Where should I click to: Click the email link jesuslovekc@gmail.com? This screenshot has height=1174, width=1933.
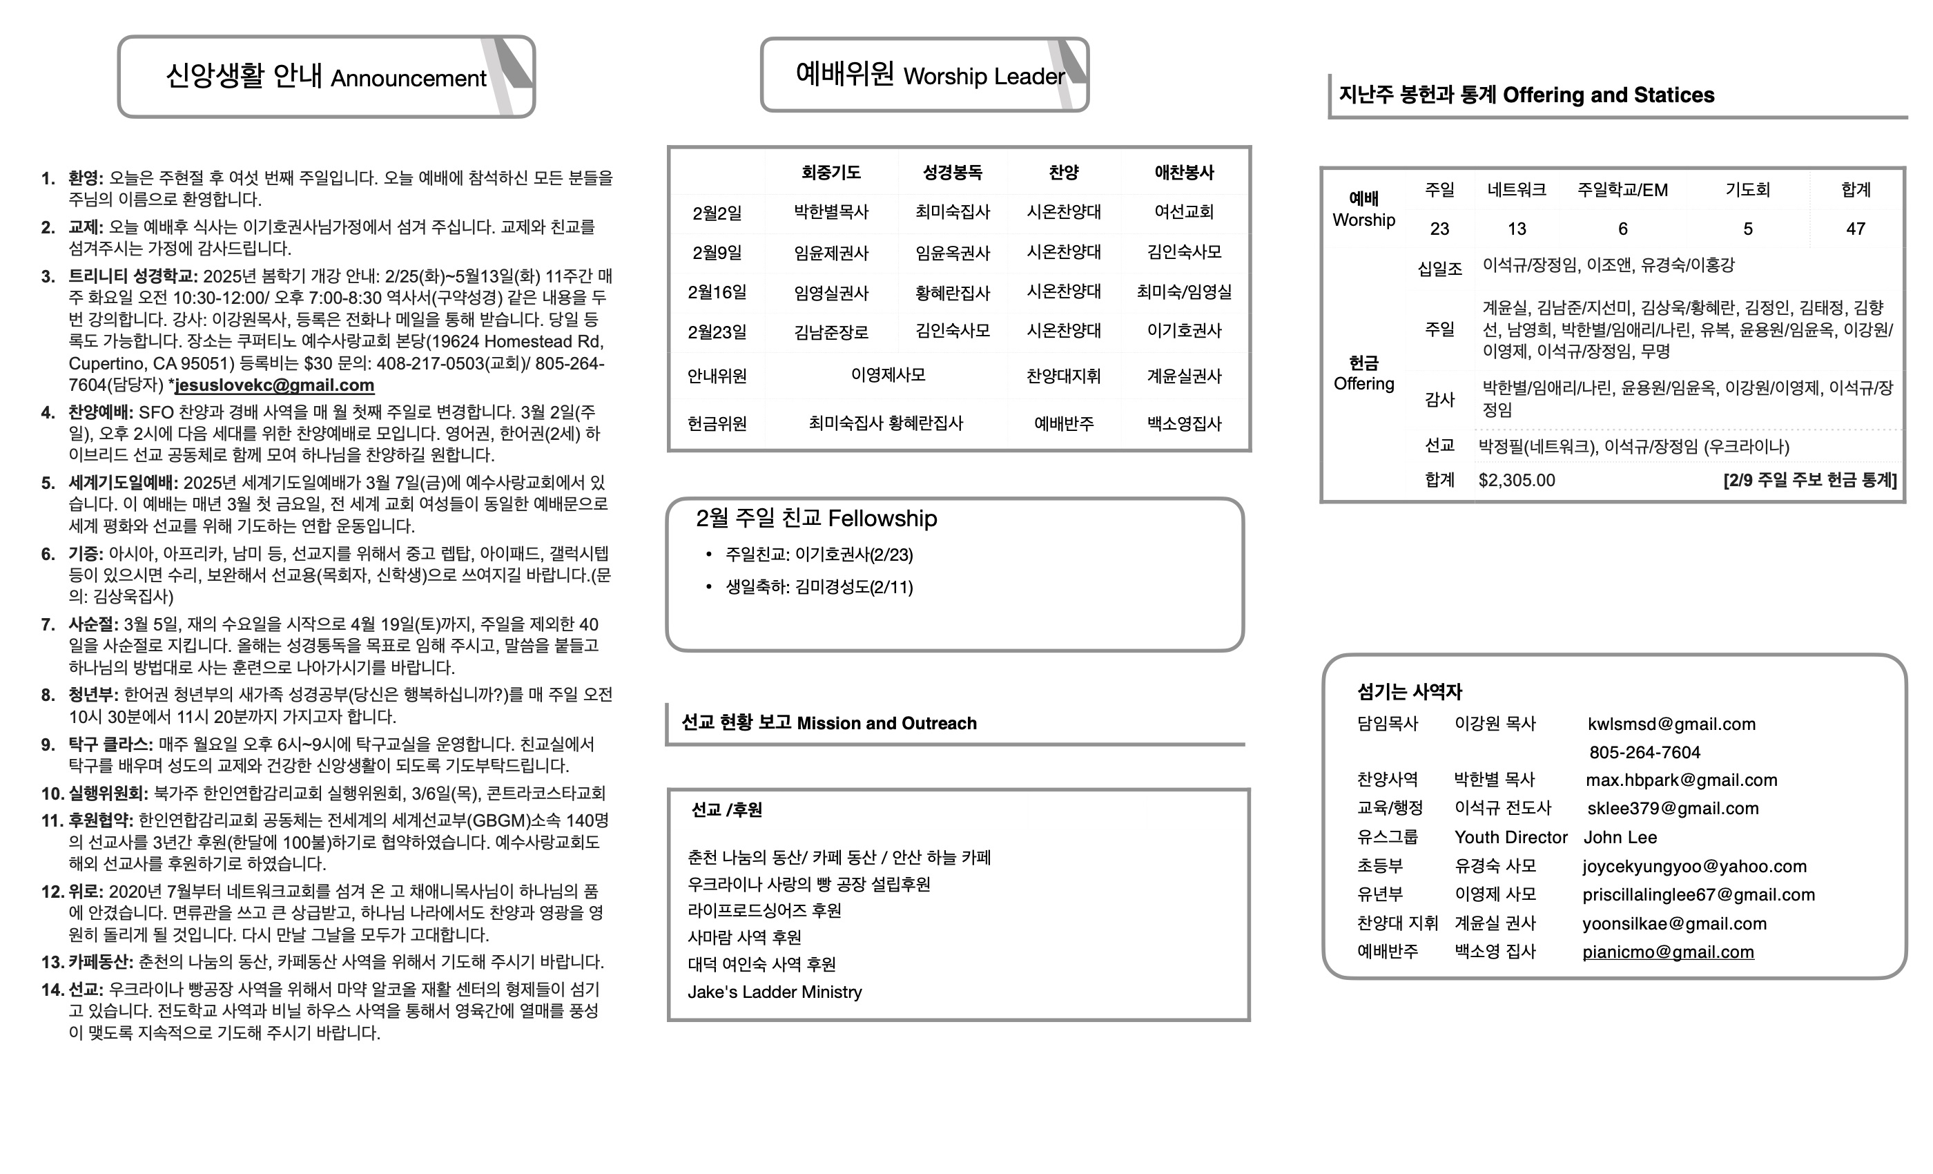274,385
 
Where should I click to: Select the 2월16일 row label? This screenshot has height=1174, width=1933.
717,293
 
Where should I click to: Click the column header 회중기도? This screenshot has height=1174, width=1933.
830,173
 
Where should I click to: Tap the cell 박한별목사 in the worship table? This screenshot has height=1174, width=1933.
830,212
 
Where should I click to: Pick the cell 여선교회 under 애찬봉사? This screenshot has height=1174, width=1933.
1184,212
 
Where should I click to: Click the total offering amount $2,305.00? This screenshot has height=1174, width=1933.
1517,480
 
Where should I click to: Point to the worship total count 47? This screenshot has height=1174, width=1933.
1856,229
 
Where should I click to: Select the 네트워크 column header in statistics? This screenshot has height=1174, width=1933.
1517,190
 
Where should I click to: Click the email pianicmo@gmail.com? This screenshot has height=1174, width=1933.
1668,952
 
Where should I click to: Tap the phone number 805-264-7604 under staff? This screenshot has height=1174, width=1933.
1644,753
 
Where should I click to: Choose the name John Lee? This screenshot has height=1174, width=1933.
1620,837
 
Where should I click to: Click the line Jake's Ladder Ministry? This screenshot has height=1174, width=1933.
775,992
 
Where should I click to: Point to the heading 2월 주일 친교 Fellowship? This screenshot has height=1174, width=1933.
816,519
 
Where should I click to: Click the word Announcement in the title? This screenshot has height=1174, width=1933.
408,79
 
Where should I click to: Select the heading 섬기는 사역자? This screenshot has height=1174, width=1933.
1410,692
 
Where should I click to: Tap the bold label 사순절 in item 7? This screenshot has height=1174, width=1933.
93,625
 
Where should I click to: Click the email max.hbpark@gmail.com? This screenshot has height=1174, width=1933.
1681,780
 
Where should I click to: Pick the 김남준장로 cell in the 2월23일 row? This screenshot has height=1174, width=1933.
830,332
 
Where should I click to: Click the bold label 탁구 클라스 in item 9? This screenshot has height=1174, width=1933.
110,744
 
